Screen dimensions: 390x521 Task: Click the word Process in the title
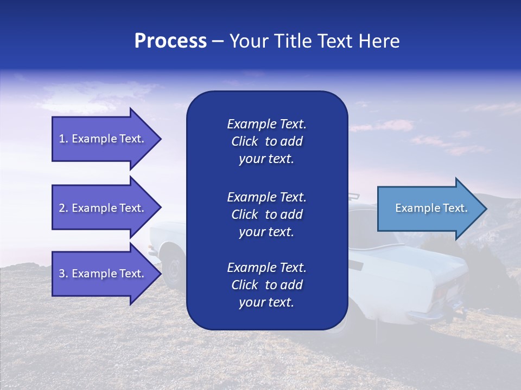pos(170,41)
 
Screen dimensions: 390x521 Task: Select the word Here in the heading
pos(379,41)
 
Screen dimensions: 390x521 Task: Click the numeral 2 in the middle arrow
pos(62,208)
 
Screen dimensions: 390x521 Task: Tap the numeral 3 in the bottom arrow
pos(62,274)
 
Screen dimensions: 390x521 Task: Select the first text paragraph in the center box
pos(266,141)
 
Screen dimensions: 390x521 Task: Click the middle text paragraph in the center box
pos(266,214)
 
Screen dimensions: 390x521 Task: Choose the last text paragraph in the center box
pos(266,285)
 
